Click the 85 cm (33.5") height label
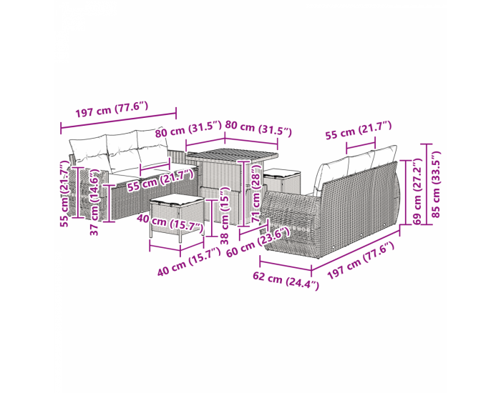(436, 184)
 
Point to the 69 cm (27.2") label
(417, 191)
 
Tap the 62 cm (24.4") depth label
(286, 280)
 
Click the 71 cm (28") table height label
(256, 194)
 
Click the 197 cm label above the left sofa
(112, 109)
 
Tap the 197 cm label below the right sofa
(361, 260)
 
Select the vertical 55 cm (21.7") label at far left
(65, 194)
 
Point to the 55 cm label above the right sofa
(359, 130)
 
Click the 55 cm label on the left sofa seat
(160, 181)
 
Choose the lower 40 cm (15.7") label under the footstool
(189, 262)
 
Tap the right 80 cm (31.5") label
(258, 128)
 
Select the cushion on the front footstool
(177, 199)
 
